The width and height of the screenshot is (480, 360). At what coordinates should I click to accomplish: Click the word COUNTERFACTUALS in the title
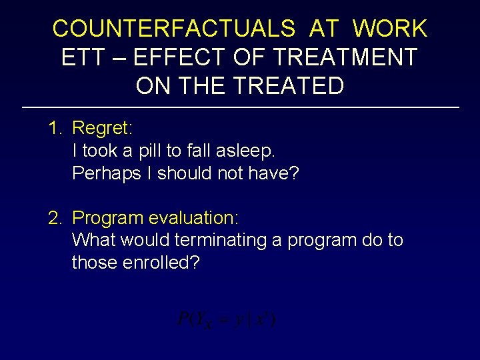[173, 29]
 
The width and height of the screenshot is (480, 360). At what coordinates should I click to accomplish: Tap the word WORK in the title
[390, 29]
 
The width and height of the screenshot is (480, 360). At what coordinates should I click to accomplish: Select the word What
[93, 240]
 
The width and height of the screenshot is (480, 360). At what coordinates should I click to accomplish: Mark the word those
[95, 263]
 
